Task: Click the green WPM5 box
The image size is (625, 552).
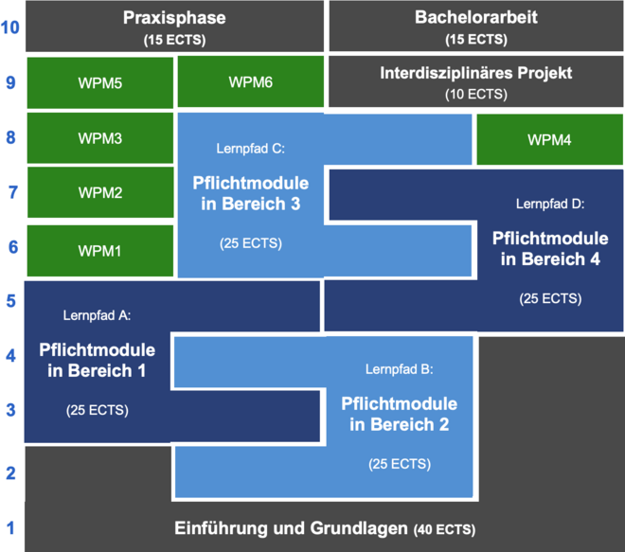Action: coord(100,82)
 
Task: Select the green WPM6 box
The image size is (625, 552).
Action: coord(251,82)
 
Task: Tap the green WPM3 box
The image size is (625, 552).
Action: coord(100,138)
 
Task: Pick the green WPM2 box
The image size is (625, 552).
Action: coord(100,193)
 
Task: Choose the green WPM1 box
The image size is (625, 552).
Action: coord(100,250)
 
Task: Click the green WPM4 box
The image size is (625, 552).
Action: coord(549,140)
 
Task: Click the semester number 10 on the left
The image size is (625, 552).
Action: coord(10,27)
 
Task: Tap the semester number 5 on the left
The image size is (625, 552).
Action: coord(10,302)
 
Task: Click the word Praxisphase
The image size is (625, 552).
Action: coord(175,18)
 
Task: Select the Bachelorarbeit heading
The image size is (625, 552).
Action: coord(475,18)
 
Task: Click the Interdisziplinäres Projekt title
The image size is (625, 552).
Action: coord(476,73)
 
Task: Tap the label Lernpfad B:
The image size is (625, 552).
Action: coord(399,368)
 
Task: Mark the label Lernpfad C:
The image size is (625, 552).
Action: coord(251,149)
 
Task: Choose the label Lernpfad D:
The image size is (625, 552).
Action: coord(550,204)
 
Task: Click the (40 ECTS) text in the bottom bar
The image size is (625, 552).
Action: coord(444,529)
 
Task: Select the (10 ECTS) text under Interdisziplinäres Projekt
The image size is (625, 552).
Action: coord(476,95)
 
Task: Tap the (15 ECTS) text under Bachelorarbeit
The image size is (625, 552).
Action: coord(476,40)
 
